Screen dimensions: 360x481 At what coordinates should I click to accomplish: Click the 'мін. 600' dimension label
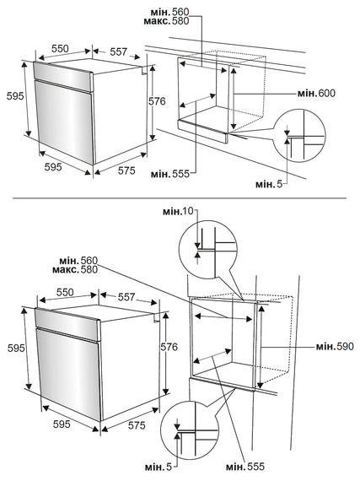[316, 93]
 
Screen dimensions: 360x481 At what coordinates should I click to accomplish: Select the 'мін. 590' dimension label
[335, 347]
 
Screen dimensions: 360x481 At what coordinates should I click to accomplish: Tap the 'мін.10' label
[179, 211]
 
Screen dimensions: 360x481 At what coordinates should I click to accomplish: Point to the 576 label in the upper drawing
[157, 101]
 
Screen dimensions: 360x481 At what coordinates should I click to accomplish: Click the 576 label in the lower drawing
[169, 347]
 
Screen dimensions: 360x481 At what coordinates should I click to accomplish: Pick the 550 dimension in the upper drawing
[60, 49]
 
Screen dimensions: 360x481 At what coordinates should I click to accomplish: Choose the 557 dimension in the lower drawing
[126, 297]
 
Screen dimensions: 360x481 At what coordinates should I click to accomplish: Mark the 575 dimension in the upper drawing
[126, 170]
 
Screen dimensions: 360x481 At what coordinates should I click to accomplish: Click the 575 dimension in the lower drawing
[137, 425]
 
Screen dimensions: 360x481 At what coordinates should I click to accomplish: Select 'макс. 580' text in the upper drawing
[166, 21]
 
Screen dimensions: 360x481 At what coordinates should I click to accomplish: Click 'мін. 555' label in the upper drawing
[170, 174]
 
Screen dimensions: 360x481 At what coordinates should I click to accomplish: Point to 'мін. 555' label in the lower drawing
[244, 467]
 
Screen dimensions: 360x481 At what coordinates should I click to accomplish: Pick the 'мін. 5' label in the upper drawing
[269, 184]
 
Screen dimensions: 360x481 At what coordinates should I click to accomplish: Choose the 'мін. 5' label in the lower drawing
[159, 467]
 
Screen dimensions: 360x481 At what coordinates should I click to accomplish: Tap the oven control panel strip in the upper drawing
[63, 77]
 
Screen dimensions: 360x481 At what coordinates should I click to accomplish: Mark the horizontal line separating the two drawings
[180, 198]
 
